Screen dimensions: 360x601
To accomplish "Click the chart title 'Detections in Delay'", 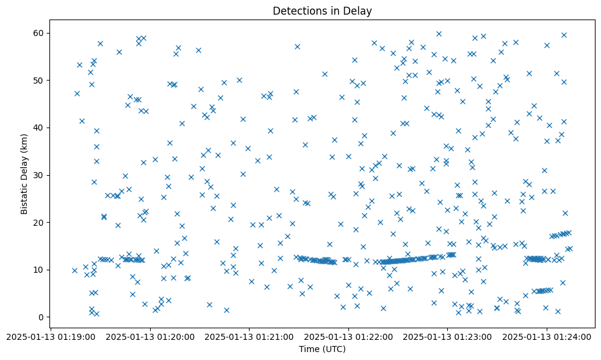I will [x=322, y=11].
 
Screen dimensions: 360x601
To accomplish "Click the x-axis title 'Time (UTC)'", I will [x=322, y=349].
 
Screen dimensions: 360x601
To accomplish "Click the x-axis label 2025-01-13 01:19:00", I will [x=51, y=336].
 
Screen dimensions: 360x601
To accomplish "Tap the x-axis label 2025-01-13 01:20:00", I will [x=150, y=336].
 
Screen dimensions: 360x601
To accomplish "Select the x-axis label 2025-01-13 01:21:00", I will [x=249, y=336].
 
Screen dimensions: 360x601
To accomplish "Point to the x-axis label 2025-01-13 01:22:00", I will [x=348, y=336].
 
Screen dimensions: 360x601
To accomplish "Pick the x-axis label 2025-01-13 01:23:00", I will [x=447, y=336].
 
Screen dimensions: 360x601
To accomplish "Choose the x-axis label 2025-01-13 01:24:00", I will [x=547, y=336].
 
